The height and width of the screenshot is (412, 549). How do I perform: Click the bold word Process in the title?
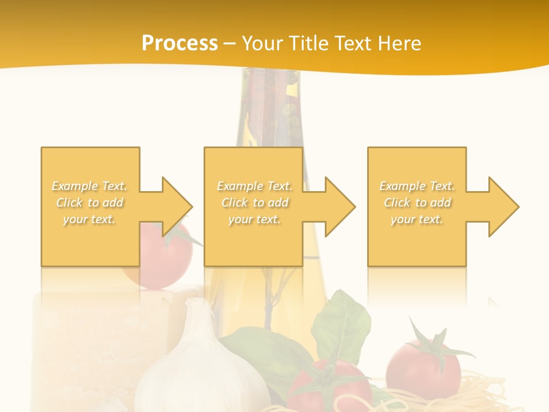[180, 43]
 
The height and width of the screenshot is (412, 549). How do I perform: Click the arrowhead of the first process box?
[177, 207]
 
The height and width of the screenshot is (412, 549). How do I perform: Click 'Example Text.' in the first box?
[90, 186]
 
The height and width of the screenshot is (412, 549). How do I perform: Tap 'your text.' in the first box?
[90, 219]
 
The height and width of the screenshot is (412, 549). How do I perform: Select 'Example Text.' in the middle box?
[254, 186]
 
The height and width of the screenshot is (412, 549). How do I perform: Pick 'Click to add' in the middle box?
[254, 203]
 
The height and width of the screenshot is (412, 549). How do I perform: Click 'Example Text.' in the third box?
[417, 186]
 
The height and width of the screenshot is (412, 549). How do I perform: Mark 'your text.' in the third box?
[417, 219]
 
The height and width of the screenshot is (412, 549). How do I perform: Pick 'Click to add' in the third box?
[417, 203]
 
